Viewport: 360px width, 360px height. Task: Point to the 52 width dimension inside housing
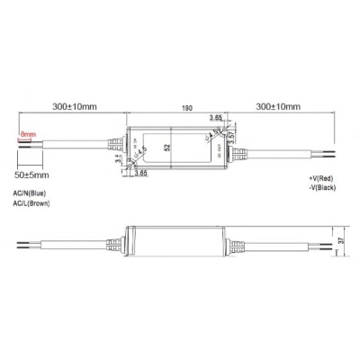166,147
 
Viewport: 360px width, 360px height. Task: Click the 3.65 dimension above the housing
216,118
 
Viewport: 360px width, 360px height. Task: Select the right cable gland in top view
241,148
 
